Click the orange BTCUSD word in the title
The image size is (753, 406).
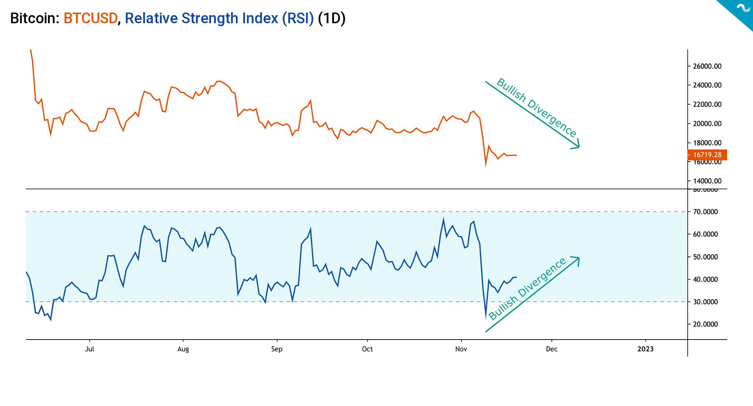(x=90, y=18)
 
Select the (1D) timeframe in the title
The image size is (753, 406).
(x=331, y=18)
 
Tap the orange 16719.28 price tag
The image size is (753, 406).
(x=707, y=155)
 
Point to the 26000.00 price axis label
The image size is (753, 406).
(x=707, y=66)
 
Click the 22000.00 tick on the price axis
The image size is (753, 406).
(x=707, y=104)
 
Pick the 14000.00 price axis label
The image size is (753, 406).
(x=707, y=181)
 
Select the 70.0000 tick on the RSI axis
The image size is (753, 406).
(x=705, y=212)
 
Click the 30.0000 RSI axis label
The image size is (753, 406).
(x=705, y=302)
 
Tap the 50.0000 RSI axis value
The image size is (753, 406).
(x=705, y=257)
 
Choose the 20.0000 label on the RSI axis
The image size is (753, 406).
(x=705, y=324)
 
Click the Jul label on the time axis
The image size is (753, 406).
(x=90, y=349)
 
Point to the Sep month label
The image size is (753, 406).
(x=276, y=349)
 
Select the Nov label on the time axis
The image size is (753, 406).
(x=461, y=349)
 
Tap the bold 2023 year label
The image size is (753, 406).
(x=645, y=349)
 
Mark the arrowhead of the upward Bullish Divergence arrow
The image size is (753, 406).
(x=577, y=259)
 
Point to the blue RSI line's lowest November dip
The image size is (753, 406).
(x=486, y=316)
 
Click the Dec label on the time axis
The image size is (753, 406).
(x=551, y=349)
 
